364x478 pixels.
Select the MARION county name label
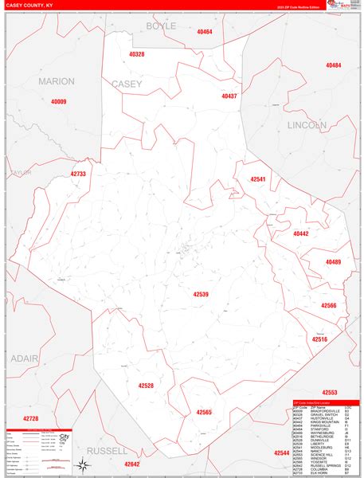[x=56, y=81]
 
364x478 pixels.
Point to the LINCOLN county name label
[x=307, y=125]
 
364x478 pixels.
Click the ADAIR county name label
[x=24, y=358]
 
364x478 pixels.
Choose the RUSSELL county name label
[x=108, y=450]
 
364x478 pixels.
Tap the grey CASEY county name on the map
[x=127, y=84]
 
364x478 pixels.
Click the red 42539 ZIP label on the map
[x=201, y=294]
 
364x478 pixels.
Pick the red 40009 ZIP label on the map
[x=59, y=102]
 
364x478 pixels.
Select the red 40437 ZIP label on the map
[x=229, y=96]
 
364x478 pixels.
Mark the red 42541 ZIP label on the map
[x=257, y=180]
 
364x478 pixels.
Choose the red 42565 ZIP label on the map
[x=204, y=412]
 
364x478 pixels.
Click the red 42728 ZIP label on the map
[x=30, y=418]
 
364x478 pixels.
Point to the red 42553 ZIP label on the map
[x=330, y=393]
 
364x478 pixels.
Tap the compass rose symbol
[x=82, y=465]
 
